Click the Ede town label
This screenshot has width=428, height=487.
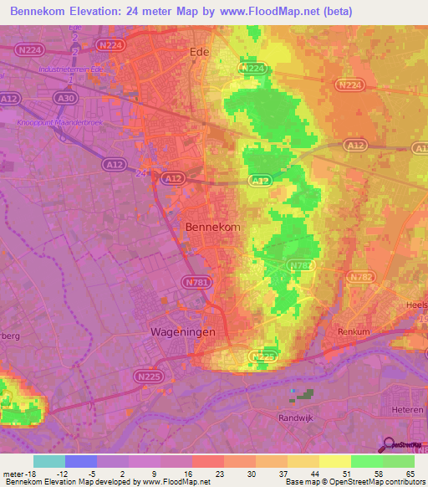(x=200, y=51)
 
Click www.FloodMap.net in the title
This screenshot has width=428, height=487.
(x=275, y=12)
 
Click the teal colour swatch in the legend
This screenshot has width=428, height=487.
(x=48, y=461)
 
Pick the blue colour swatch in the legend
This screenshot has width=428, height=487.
(x=80, y=461)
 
